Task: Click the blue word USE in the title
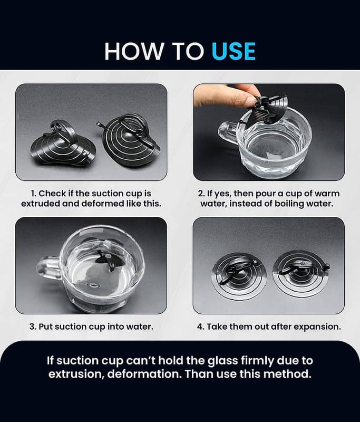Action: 233,51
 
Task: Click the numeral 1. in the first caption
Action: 34,194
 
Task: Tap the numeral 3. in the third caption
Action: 33,327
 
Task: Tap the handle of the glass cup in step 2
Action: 227,132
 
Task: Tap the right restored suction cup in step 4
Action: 301,273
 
